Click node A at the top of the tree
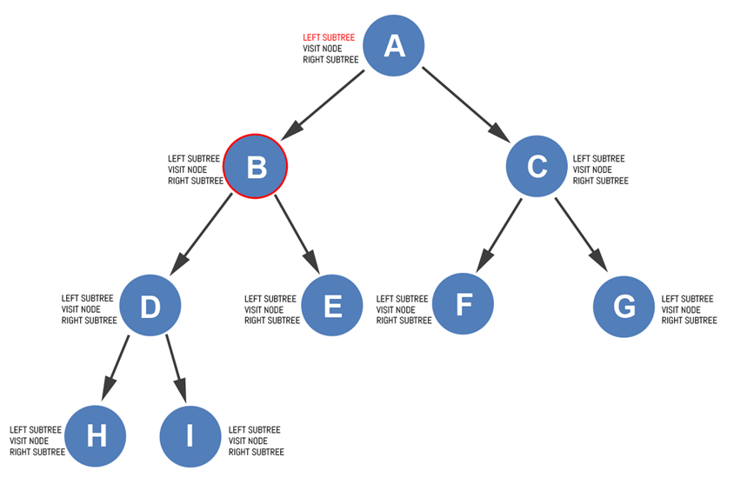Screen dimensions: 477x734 [393, 45]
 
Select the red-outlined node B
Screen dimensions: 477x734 [256, 166]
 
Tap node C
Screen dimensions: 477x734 [537, 166]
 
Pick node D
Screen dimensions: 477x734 [150, 306]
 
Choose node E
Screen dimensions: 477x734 [331, 306]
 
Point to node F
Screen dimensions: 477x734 [464, 305]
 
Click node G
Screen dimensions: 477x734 [624, 306]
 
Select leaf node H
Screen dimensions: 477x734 [96, 436]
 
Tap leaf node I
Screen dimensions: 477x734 [190, 436]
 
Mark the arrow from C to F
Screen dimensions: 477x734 [499, 233]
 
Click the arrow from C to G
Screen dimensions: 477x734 [579, 233]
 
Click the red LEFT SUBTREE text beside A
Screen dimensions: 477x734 [328, 37]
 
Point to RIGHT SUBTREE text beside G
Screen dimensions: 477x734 [689, 321]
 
